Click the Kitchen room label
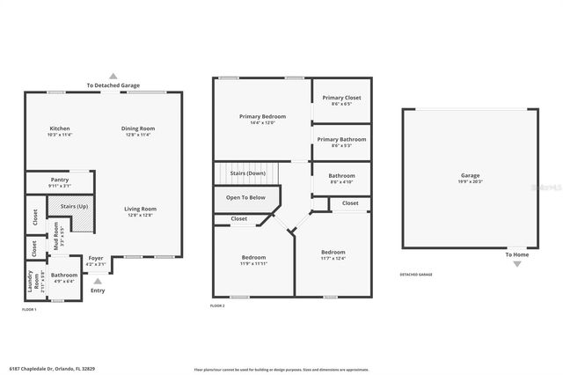point(60,129)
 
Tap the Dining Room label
point(138,129)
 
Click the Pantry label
point(60,180)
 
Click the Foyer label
point(95,258)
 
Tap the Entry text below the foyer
point(98,290)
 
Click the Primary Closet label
point(340,98)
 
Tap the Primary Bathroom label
point(340,139)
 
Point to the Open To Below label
point(245,197)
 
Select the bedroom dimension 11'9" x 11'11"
point(253,263)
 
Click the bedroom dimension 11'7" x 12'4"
point(333,258)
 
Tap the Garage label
point(470,175)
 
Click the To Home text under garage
point(516,254)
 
